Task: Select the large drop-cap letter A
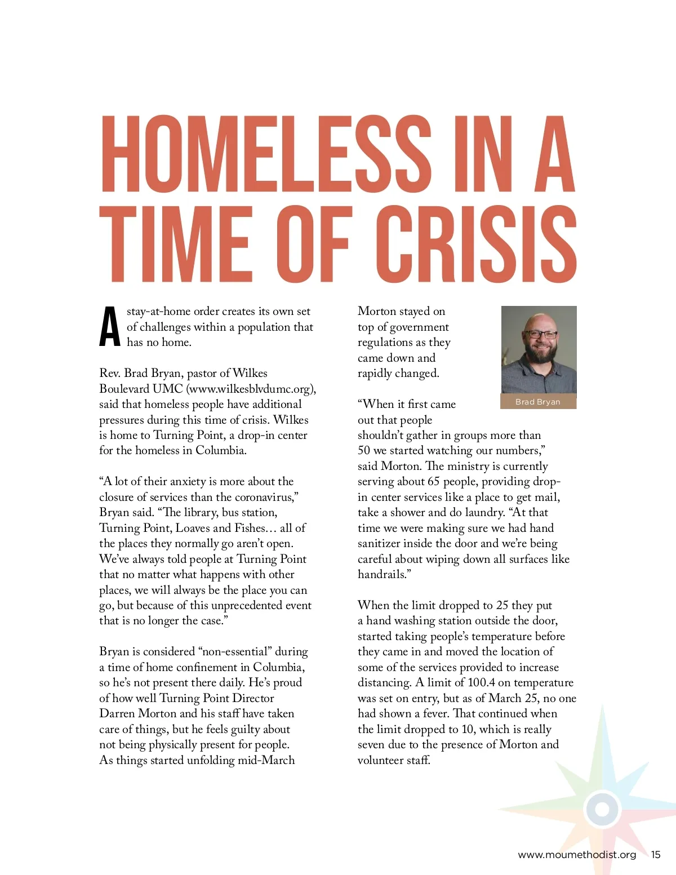coord(110,327)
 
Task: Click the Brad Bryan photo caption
coord(538,402)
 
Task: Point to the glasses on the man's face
coord(540,334)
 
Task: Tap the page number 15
coord(656,855)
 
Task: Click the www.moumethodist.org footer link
coord(577,855)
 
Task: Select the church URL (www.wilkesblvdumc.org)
coord(251,389)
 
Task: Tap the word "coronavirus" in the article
coord(264,497)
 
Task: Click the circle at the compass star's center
coord(602,809)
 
